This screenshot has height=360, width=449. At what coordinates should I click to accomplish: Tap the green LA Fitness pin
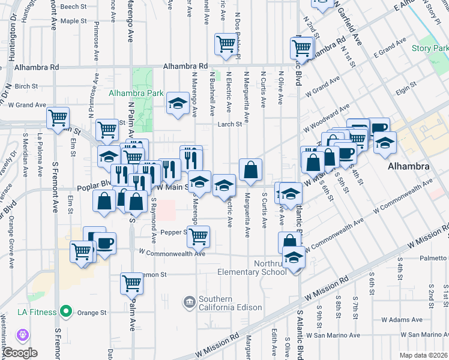(x=67, y=312)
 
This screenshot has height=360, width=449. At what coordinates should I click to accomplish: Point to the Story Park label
(x=426, y=48)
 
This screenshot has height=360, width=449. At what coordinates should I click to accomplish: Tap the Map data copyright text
(x=424, y=355)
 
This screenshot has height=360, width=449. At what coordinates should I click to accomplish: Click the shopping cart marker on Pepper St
(x=197, y=235)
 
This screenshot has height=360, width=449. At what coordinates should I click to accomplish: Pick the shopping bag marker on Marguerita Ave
(x=250, y=170)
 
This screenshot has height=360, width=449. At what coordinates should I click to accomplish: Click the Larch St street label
(x=230, y=125)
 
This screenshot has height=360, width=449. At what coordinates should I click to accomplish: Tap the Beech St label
(x=74, y=7)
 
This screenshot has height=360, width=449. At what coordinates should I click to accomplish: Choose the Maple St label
(x=74, y=20)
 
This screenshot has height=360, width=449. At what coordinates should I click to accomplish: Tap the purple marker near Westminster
(x=24, y=333)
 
